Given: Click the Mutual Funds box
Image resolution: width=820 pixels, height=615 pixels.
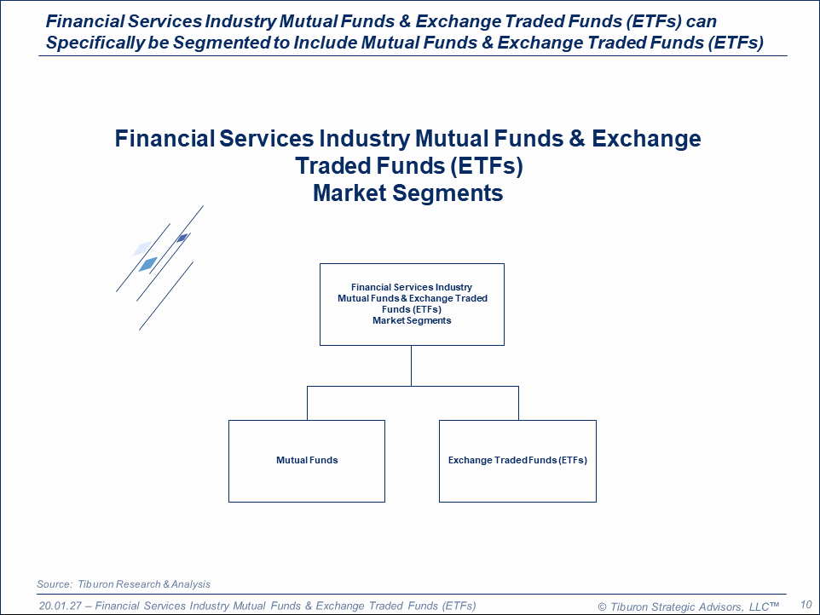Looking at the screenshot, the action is [307, 461].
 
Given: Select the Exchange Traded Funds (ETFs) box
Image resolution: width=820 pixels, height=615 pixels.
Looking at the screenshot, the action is [517, 461].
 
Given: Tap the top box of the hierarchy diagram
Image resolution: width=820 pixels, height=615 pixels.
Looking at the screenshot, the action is [412, 304].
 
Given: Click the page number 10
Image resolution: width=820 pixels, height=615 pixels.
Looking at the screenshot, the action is [806, 605].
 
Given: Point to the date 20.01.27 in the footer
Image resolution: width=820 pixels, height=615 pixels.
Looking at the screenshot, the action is [61, 606].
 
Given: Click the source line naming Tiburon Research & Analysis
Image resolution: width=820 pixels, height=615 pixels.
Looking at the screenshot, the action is [124, 584].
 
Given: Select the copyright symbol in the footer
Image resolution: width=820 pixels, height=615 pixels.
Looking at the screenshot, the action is [602, 607].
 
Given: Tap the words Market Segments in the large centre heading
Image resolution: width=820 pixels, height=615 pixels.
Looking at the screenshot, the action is [408, 193].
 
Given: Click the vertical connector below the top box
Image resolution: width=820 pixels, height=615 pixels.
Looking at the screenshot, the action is [411, 365].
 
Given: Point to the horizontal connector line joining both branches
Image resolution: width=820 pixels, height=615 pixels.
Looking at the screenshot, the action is [413, 386].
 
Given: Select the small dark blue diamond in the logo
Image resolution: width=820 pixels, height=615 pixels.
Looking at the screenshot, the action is [182, 239].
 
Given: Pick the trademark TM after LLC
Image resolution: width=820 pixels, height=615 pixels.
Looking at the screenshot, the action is [775, 605].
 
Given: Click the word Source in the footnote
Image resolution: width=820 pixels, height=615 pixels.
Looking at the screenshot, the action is [55, 584].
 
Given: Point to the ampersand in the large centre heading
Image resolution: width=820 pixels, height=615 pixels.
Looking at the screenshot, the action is [577, 139].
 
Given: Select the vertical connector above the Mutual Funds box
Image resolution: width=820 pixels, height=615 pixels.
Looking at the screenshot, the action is [307, 404].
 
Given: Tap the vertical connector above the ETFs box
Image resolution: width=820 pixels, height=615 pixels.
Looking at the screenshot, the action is [518, 404].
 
